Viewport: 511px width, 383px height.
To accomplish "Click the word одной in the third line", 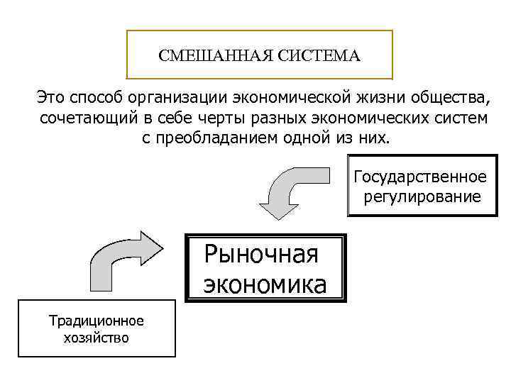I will click(x=306, y=137).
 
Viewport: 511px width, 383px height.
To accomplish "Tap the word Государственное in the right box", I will click(x=420, y=176).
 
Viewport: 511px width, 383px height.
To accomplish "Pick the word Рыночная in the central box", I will click(x=261, y=253).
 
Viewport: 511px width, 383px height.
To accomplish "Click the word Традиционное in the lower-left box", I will click(x=96, y=321).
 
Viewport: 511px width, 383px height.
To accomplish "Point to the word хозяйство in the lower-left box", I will click(x=96, y=338).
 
